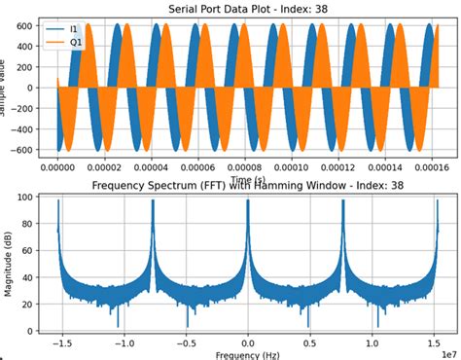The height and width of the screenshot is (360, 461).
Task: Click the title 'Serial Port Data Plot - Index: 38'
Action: (247, 9)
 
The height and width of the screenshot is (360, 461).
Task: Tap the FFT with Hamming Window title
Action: (247, 186)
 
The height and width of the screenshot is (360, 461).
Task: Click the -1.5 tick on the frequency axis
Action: (61, 342)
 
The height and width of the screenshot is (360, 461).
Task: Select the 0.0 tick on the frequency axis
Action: (248, 342)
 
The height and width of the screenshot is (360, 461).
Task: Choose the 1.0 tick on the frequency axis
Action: (372, 342)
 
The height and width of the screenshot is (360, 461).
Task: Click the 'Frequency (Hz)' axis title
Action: (247, 354)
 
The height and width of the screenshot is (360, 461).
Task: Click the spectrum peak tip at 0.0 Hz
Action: (248, 202)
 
